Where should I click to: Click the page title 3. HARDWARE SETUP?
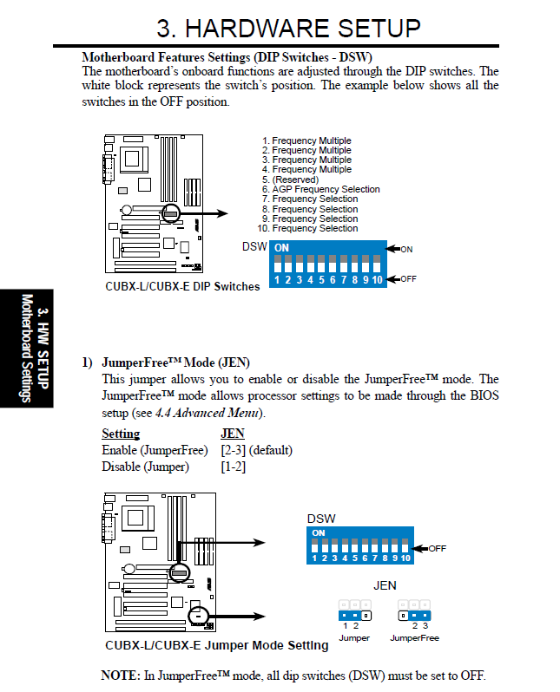(x=288, y=28)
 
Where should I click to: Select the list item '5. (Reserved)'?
(x=290, y=180)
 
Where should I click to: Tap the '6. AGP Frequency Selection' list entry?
(x=320, y=189)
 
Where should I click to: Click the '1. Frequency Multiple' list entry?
(x=306, y=140)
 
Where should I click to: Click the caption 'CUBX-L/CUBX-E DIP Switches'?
(x=182, y=286)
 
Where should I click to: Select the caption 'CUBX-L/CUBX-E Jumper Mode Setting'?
(x=216, y=645)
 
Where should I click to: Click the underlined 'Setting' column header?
(x=121, y=434)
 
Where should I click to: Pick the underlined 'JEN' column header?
(x=233, y=434)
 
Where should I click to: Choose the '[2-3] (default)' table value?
(x=256, y=450)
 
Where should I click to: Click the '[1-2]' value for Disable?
(x=234, y=467)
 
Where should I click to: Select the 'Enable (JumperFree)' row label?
(x=155, y=450)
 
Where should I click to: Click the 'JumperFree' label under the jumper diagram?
(x=414, y=638)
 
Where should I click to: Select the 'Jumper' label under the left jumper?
(x=353, y=638)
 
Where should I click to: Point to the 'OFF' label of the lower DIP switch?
(x=437, y=549)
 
